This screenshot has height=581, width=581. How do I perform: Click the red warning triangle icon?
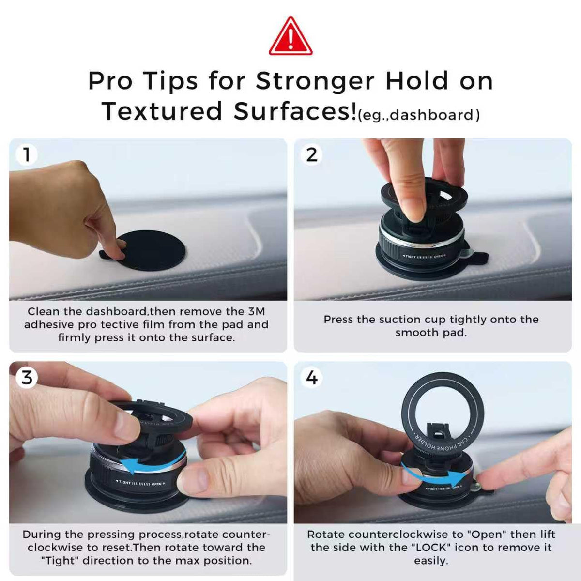click(x=290, y=37)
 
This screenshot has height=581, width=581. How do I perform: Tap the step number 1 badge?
click(x=27, y=155)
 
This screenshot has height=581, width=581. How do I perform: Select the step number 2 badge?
click(x=311, y=155)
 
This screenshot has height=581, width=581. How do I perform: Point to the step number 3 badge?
click(x=27, y=378)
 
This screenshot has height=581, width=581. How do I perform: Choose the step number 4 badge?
click(x=311, y=378)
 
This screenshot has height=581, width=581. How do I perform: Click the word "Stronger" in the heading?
click(x=315, y=82)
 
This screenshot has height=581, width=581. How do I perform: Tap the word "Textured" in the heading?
click(x=162, y=111)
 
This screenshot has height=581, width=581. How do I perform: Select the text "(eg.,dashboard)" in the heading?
click(x=419, y=115)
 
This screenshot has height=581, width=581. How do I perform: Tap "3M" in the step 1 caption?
click(x=257, y=311)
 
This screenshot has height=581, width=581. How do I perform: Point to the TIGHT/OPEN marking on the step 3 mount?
click(x=141, y=483)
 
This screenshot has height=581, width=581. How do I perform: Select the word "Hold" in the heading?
click(x=417, y=81)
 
